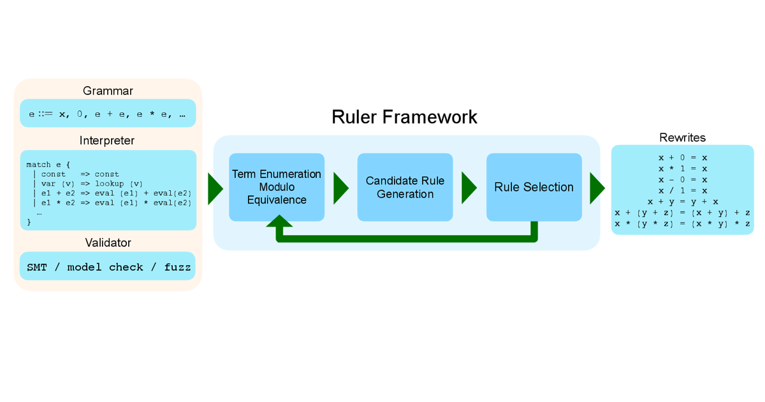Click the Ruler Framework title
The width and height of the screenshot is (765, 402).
coord(404,117)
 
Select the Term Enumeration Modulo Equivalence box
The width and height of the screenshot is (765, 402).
coord(277,187)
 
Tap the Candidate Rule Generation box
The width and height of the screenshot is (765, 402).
coord(405,187)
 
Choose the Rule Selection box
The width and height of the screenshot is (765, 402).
coord(534,187)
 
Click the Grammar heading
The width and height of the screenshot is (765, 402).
coord(108,91)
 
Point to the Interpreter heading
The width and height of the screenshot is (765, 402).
coord(108,140)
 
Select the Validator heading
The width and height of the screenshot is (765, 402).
coord(108,242)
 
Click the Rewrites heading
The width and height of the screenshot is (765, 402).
coord(682,137)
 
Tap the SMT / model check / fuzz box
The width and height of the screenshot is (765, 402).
coord(108,267)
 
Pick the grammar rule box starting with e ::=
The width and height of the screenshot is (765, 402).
coord(108,114)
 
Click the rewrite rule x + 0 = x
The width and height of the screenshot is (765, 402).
coord(683,157)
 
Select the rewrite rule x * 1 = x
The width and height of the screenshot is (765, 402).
coord(683,168)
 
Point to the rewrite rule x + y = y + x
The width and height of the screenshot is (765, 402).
coord(683,202)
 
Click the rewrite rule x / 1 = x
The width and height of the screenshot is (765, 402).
coord(683,190)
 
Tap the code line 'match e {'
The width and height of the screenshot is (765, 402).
coord(48,165)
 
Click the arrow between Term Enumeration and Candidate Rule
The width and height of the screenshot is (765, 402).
coord(341,188)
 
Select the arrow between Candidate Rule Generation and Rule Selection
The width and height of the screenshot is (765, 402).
coord(469,188)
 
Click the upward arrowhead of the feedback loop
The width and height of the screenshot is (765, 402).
coord(279,221)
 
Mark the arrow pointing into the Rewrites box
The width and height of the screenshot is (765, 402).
coord(597,188)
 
